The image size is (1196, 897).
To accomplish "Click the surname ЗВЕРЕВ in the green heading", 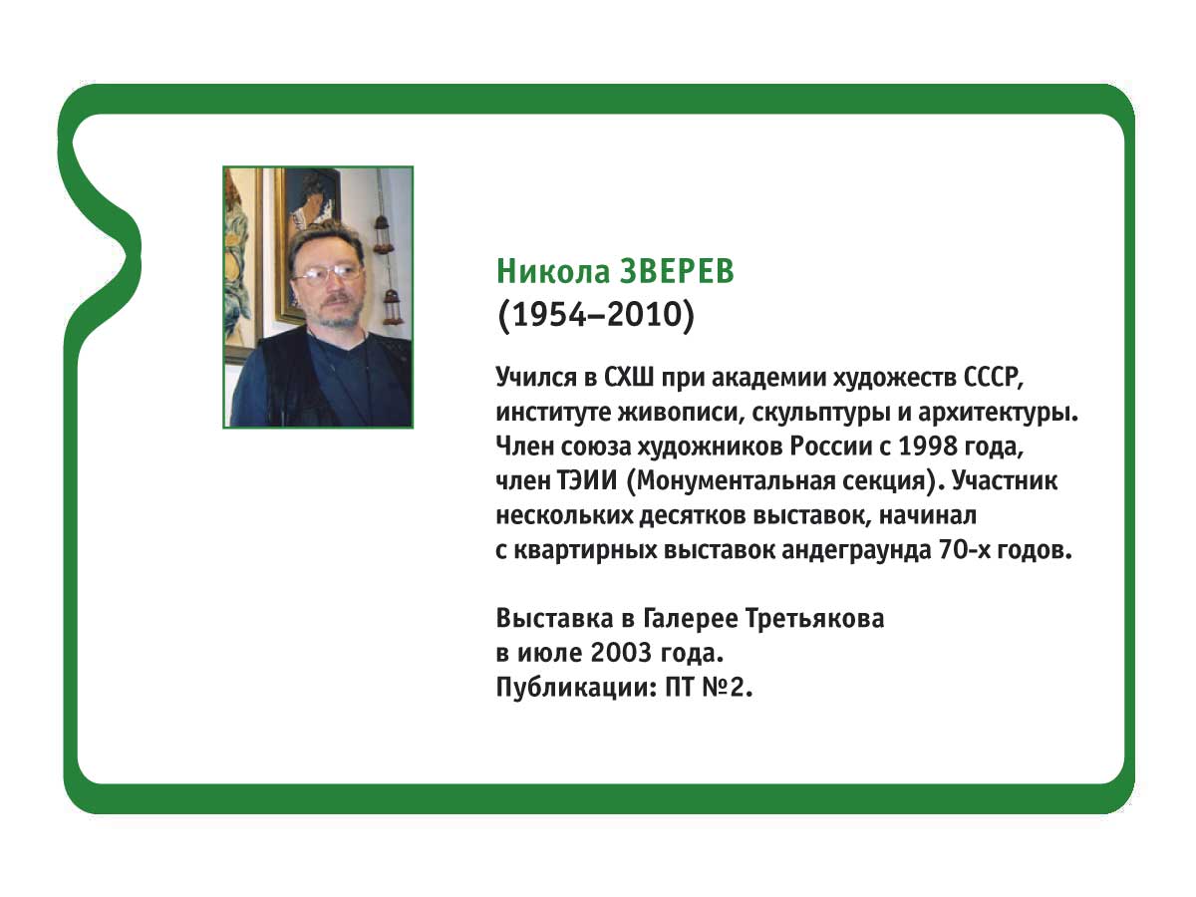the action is [x=677, y=271].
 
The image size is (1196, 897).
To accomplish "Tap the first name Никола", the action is [x=553, y=271].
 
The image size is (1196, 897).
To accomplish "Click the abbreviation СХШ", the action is [x=628, y=377].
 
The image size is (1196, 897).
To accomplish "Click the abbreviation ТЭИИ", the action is [x=587, y=481].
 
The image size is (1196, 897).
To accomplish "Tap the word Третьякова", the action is [x=814, y=619].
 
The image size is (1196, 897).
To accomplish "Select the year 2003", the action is [x=621, y=654].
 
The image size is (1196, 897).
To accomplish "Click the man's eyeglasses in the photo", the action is [x=330, y=274].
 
